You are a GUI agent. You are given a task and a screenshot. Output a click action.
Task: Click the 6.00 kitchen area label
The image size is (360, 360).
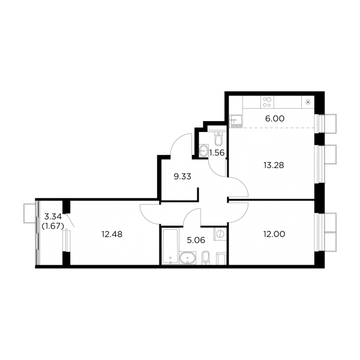275,119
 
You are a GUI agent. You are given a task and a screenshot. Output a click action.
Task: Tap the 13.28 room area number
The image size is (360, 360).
274,165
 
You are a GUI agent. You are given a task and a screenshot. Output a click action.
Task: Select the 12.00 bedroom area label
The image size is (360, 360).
275,234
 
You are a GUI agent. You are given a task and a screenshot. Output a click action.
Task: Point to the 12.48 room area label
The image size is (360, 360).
112,235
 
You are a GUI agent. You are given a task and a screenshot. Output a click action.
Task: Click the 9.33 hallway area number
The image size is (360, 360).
182,177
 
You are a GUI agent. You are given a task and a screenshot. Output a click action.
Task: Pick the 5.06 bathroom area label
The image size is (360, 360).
196,240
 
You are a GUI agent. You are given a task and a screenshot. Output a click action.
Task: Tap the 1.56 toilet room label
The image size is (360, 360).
217,152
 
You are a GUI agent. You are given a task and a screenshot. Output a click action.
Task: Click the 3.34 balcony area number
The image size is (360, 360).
53,216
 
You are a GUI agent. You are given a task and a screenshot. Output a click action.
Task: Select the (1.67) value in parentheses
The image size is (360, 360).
53,226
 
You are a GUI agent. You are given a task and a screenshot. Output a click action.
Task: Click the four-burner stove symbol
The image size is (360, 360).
267,102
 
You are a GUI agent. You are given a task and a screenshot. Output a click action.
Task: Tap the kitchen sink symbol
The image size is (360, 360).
236,121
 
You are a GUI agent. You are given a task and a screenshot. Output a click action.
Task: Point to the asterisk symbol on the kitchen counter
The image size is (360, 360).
308,102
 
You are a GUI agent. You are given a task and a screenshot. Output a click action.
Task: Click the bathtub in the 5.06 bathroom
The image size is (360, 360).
170,247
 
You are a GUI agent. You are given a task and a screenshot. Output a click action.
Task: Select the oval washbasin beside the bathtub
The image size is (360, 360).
188,258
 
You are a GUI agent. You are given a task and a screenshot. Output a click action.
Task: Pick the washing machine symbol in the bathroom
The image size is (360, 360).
220,234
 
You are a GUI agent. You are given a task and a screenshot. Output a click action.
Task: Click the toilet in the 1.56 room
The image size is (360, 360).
218,139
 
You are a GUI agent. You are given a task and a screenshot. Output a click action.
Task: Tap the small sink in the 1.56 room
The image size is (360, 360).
203,151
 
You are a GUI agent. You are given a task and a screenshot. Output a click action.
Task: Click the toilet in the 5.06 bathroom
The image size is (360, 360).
206,258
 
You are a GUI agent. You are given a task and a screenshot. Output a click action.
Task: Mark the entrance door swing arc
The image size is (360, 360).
177,141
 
